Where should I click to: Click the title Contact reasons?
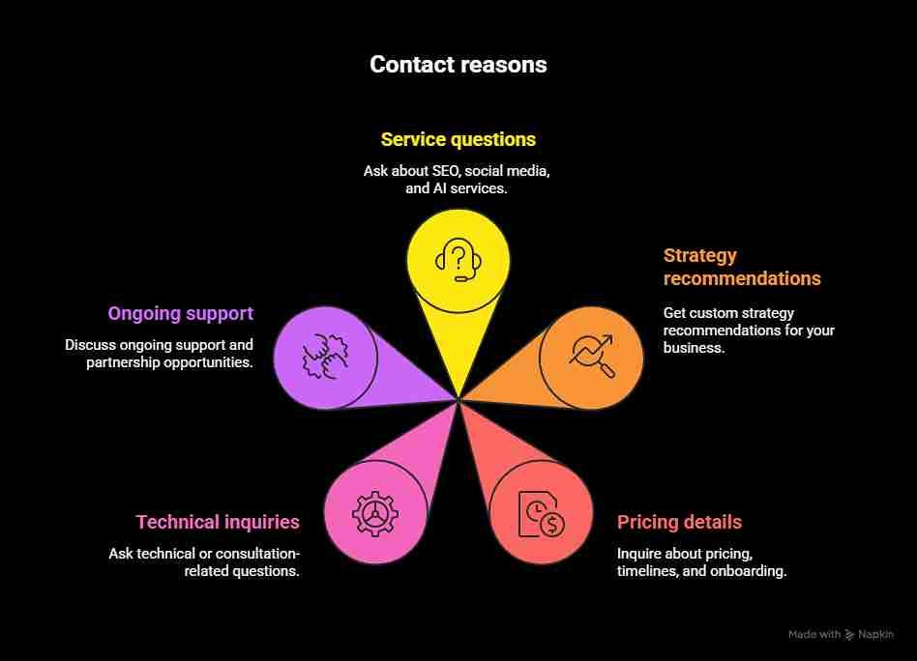458,65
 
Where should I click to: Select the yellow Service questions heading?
458,139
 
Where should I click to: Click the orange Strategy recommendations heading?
741,267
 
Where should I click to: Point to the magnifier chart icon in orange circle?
590,355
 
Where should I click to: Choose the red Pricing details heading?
679,522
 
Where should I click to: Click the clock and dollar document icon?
541,513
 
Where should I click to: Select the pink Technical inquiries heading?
218,522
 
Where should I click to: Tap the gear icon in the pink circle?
374,513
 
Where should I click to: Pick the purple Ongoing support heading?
180,313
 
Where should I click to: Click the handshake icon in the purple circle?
324,355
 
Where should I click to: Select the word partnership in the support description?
126,362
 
